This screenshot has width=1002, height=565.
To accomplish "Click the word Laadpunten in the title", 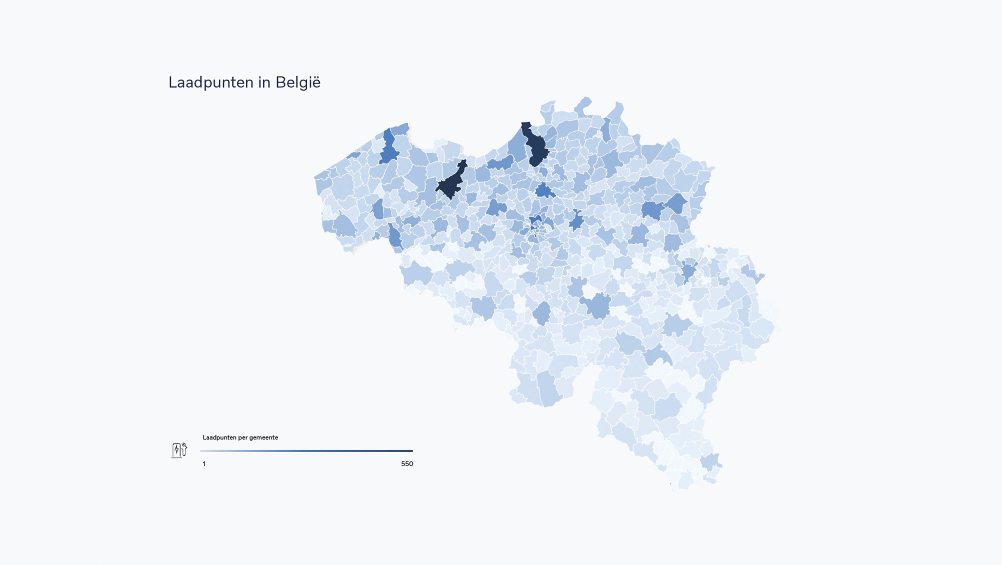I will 210,82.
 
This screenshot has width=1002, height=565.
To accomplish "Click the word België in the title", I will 298,82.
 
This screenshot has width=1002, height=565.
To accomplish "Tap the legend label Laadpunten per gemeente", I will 240,437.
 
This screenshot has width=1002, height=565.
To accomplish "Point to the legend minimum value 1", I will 204,464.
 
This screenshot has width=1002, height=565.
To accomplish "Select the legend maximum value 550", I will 407,464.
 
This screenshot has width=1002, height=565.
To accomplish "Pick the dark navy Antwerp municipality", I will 536,146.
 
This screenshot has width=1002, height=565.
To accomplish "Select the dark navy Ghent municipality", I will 451,183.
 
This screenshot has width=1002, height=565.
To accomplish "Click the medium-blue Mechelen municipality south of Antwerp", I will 545,190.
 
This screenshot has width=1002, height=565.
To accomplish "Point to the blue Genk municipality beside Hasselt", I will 677,203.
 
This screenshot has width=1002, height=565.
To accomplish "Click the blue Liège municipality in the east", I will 689,271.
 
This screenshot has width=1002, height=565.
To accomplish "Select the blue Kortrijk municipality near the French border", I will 395,236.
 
